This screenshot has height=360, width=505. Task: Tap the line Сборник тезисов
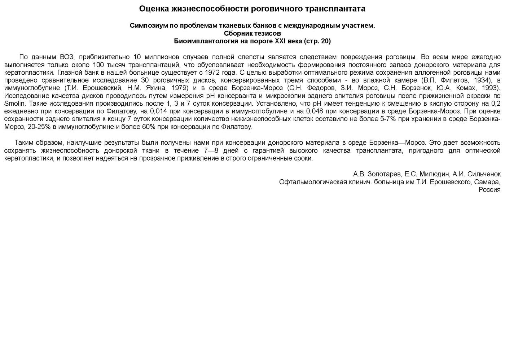point(252,33)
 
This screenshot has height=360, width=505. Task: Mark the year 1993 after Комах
point(490,88)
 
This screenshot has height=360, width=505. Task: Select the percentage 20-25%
point(39,127)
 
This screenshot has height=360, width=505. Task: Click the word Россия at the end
point(489,190)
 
